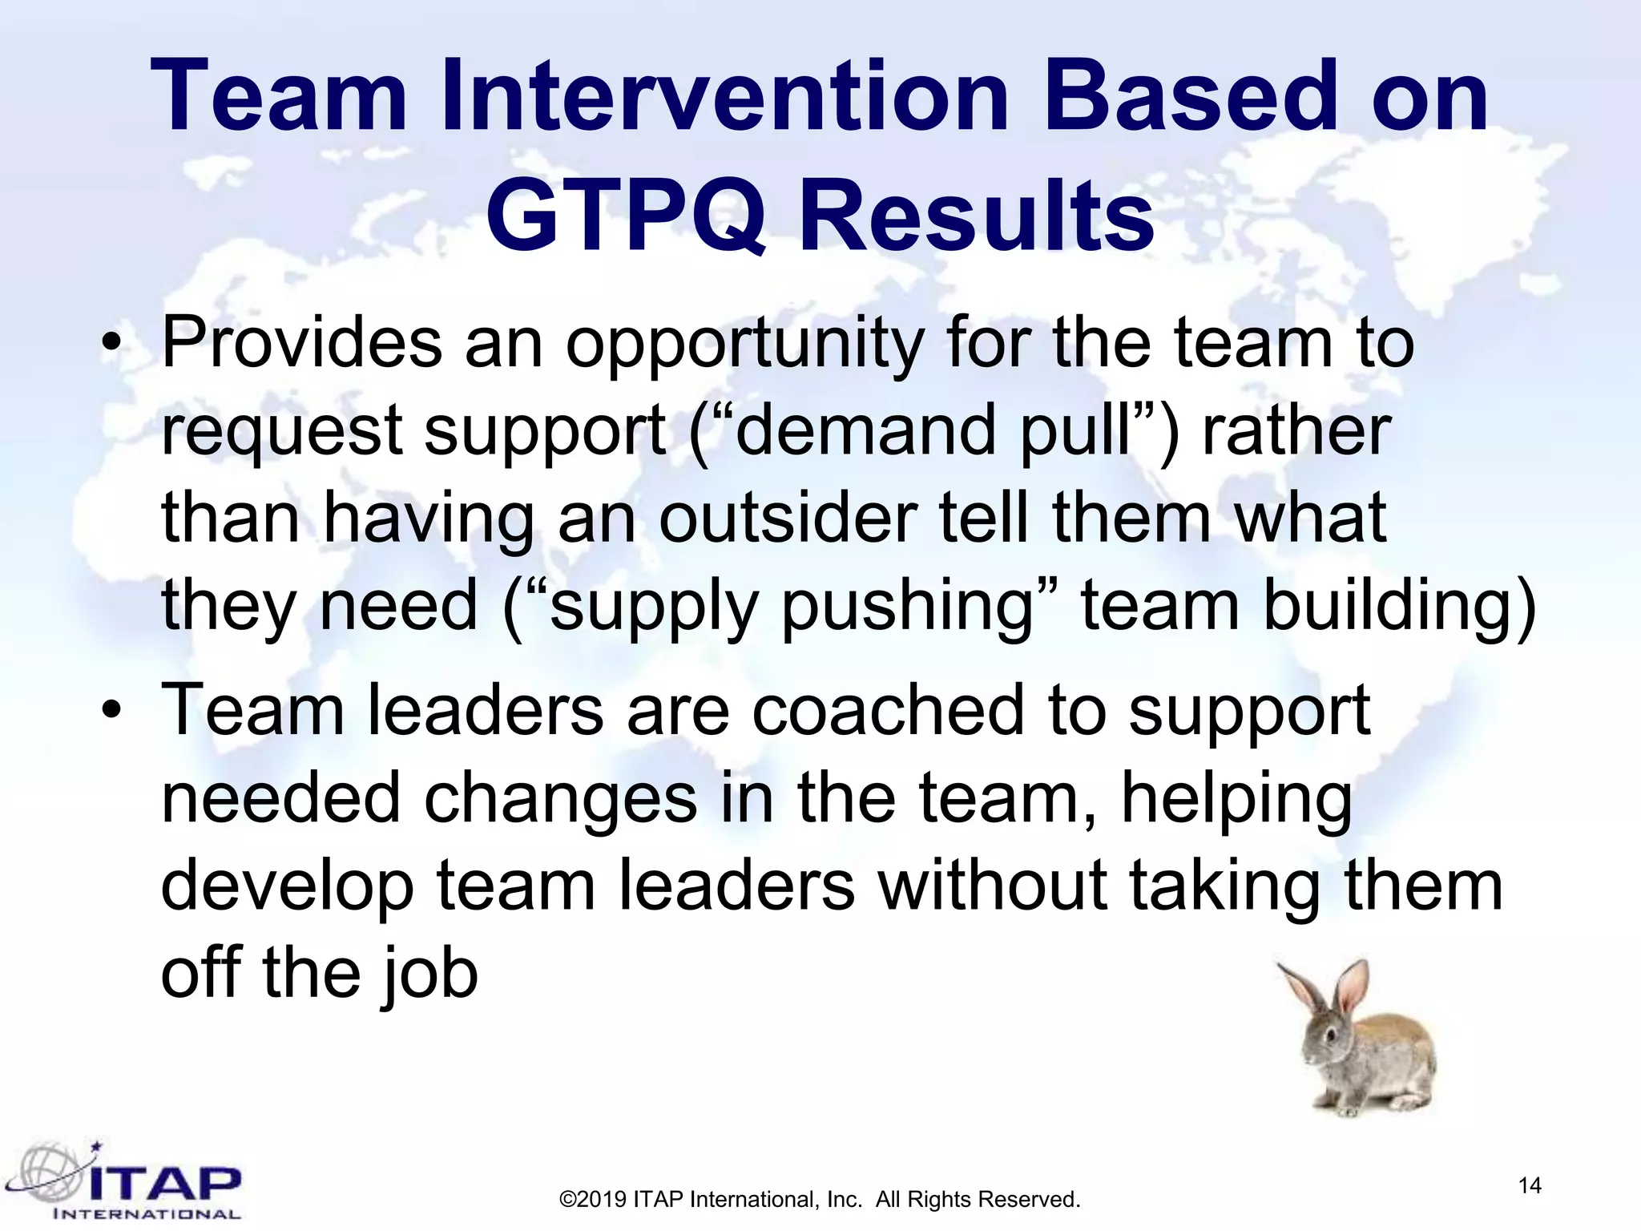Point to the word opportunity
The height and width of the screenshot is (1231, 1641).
click(744, 346)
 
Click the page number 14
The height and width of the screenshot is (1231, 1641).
click(1529, 1185)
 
